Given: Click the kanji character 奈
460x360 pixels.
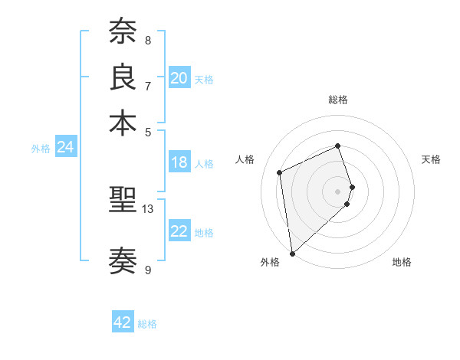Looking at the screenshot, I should (123, 32).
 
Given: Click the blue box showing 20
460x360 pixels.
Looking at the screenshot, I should (179, 78).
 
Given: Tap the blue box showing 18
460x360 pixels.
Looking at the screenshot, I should (179, 162).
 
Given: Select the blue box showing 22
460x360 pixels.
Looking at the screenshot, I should (179, 231).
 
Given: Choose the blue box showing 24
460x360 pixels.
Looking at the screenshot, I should (66, 148).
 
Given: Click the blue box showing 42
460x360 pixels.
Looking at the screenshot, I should (123, 322).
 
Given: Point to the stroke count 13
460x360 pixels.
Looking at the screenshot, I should (148, 208).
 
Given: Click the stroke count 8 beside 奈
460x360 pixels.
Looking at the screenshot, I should (148, 40).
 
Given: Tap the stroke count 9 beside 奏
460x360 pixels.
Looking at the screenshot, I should (148, 270).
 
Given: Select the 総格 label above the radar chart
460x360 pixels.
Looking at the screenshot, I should (338, 100).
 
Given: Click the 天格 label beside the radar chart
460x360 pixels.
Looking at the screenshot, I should (431, 159).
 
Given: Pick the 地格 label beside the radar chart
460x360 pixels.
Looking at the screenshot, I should (402, 262).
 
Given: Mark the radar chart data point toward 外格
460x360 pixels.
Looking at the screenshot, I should (292, 253).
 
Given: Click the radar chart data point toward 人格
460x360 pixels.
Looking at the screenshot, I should (280, 172).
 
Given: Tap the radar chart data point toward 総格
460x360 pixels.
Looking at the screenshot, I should (337, 146).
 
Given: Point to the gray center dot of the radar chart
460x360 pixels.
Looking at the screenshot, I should (338, 191).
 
